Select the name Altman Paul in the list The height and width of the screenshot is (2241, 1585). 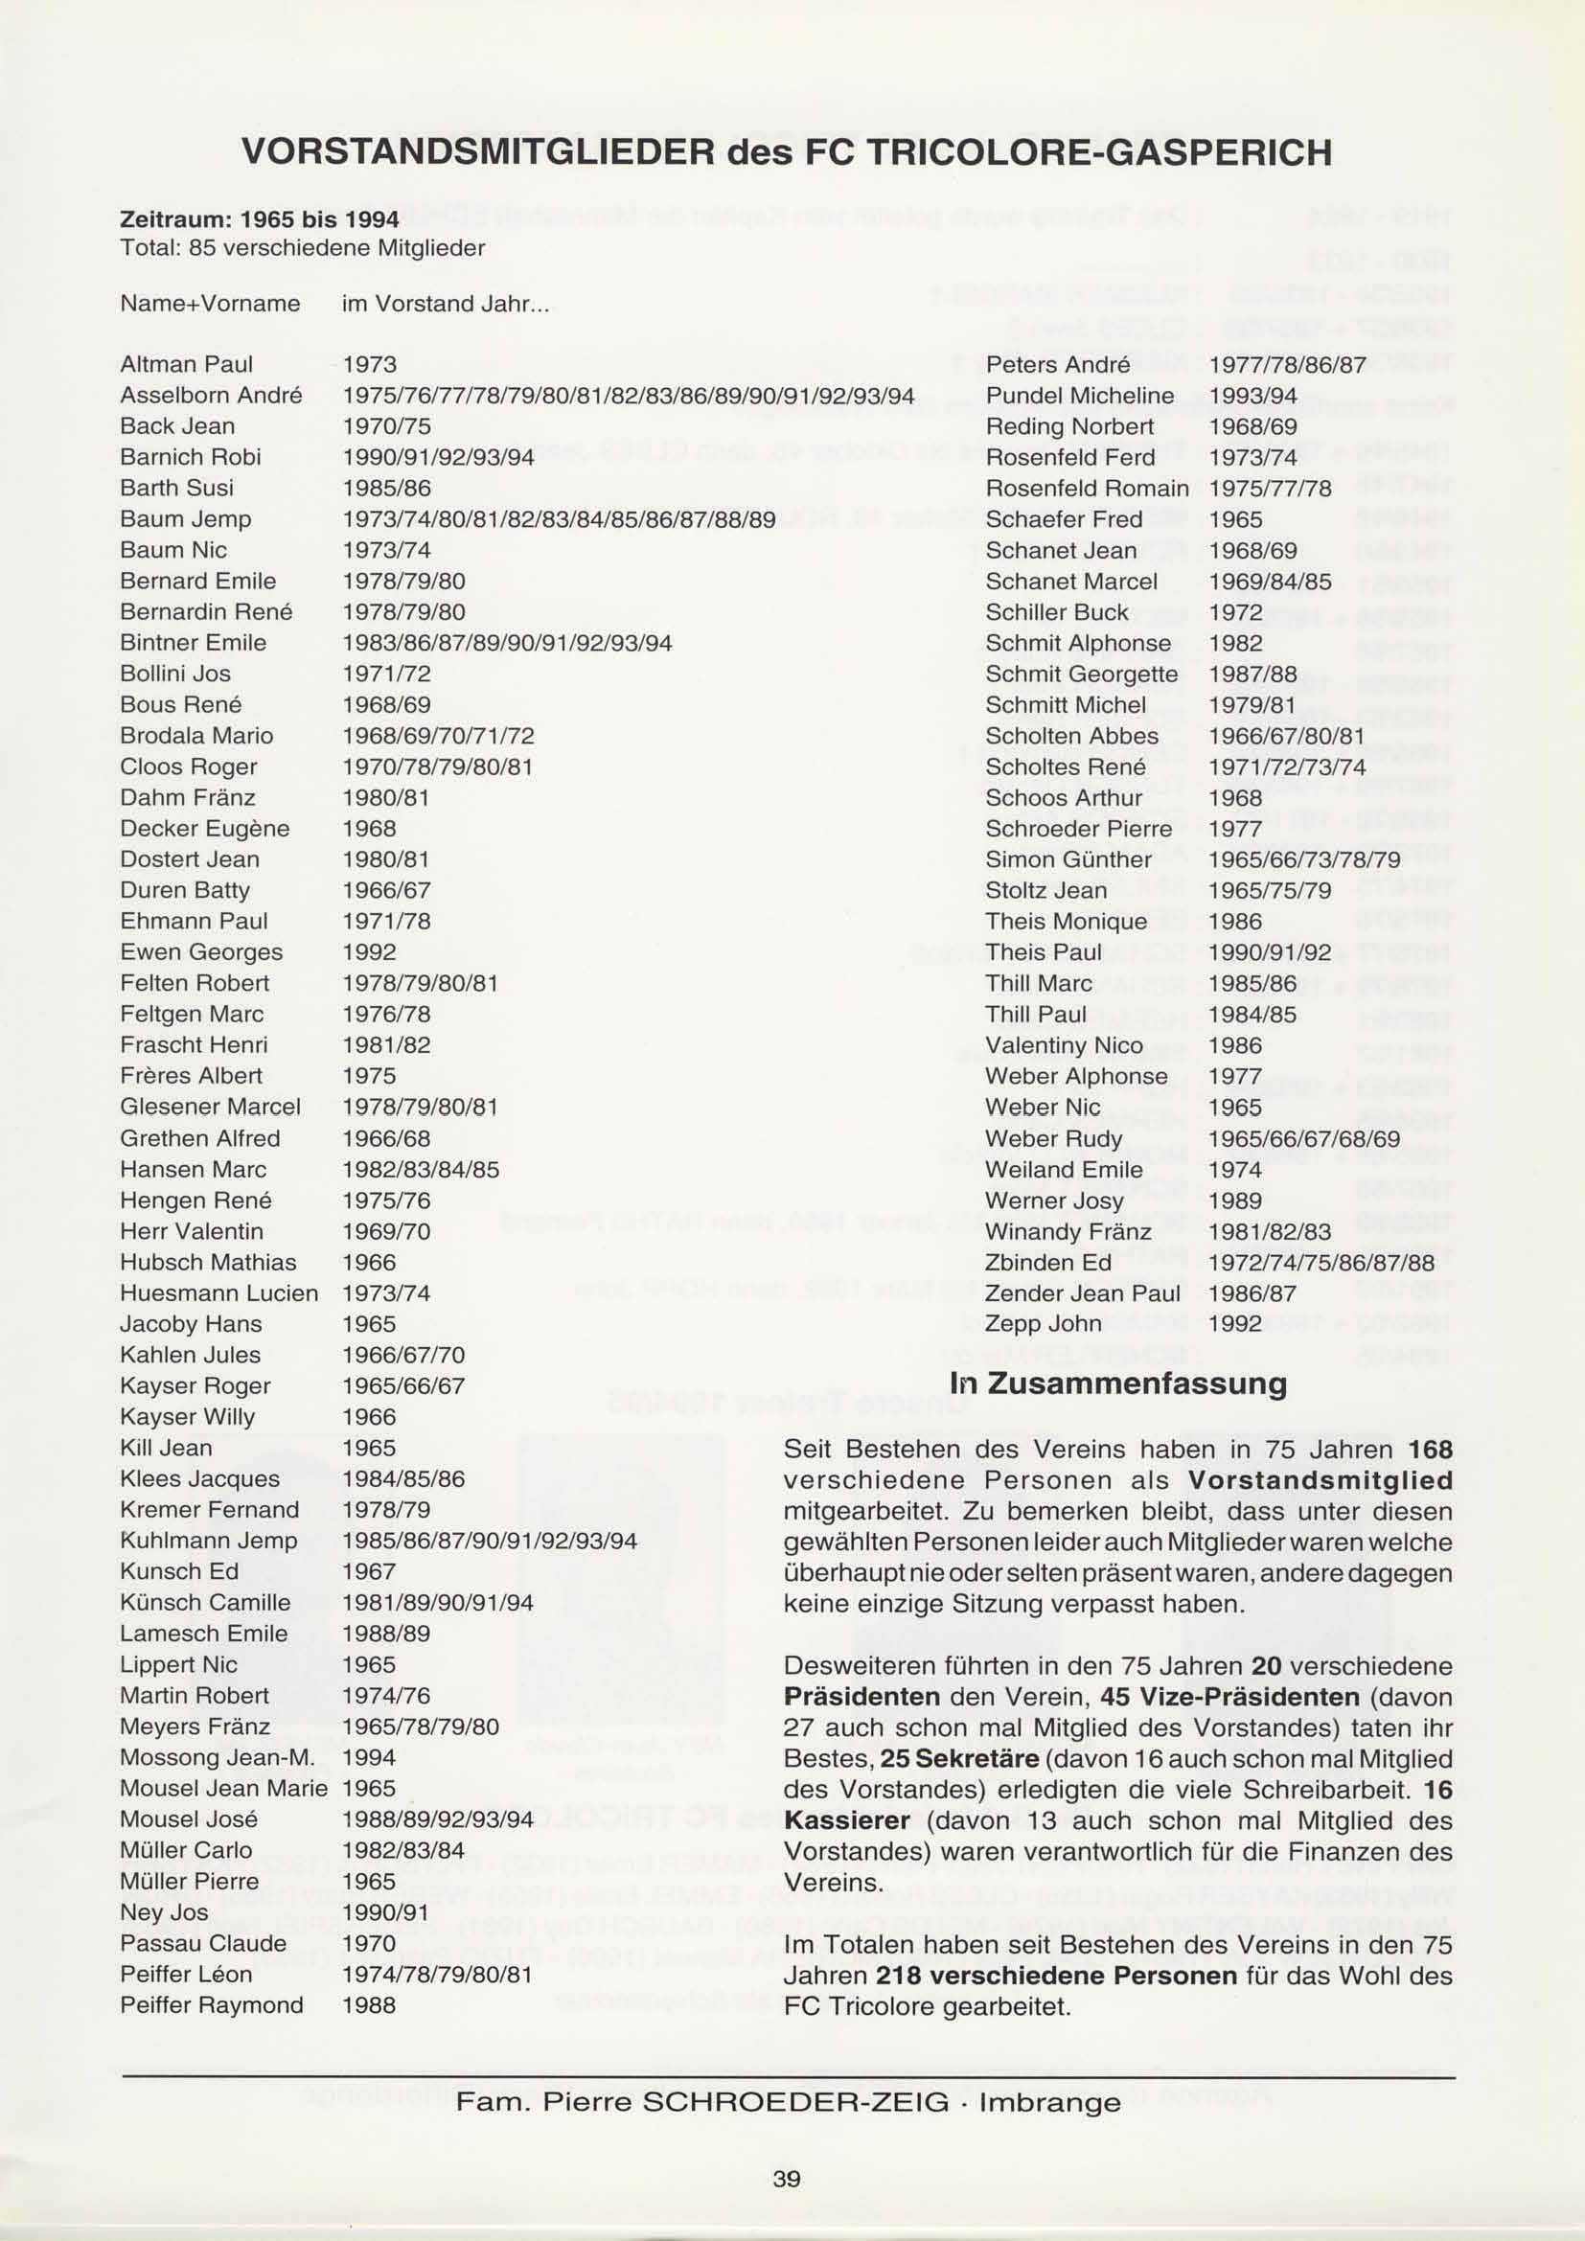[186, 364]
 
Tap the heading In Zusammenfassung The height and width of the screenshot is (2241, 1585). [1117, 1383]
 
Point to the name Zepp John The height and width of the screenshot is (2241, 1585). [1043, 1323]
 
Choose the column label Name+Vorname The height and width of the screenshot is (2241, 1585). [209, 304]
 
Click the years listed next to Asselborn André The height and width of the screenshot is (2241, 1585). [629, 396]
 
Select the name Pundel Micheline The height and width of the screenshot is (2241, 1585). [1079, 396]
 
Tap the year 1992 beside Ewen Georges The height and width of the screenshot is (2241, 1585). [369, 951]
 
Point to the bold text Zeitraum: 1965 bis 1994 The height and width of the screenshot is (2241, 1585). [259, 217]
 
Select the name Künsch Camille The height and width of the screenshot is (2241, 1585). [205, 1603]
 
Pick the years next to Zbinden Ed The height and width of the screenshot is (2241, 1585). [1321, 1262]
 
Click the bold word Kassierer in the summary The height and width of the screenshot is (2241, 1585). [847, 1820]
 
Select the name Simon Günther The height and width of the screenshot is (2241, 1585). [1068, 858]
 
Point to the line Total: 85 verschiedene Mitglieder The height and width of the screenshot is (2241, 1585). [302, 248]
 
